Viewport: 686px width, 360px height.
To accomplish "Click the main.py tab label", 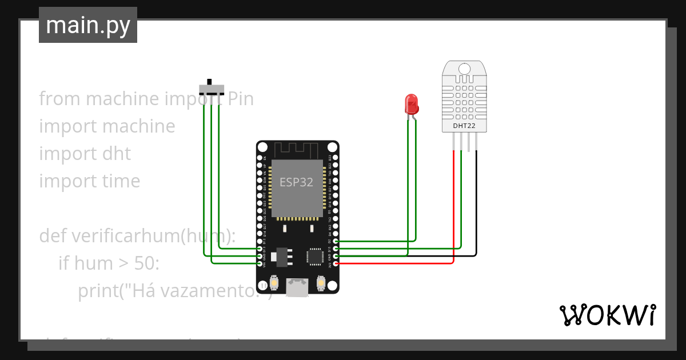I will click(87, 25).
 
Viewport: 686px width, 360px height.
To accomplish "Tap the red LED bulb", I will click(412, 105).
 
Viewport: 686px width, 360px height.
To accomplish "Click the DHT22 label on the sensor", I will click(464, 126).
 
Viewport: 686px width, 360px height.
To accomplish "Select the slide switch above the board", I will click(212, 89).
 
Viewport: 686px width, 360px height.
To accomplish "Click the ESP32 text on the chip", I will click(296, 182).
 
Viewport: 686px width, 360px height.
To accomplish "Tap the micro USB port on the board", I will click(297, 287).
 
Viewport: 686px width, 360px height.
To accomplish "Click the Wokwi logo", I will click(607, 315).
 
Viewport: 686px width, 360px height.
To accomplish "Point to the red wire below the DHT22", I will click(453, 206).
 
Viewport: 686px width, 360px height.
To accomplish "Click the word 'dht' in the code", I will click(116, 154).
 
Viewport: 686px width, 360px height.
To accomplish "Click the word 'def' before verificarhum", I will click(52, 236).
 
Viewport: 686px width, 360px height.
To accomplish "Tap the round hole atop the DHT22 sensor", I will click(464, 69).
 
